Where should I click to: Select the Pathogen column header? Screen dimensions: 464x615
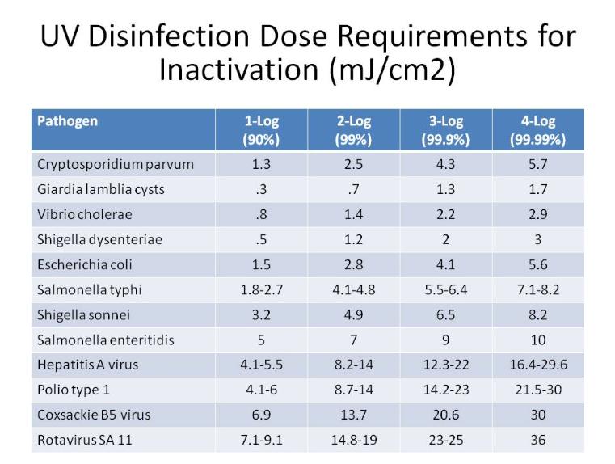[68, 121]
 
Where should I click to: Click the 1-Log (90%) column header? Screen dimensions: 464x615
[261, 130]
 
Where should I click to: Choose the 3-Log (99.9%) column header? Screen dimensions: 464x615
[445, 130]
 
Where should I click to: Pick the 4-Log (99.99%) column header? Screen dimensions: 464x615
[538, 130]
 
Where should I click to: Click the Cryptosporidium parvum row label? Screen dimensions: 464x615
[115, 165]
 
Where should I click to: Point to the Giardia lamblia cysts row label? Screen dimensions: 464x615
[100, 190]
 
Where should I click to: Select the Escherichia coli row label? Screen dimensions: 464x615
[85, 264]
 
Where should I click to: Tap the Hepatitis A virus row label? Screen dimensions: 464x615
[88, 365]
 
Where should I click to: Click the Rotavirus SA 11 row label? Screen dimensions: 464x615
[84, 440]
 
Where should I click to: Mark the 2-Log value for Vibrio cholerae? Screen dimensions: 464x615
[353, 215]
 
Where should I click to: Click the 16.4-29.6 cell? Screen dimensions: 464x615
[538, 365]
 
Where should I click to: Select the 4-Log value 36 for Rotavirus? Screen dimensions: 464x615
[538, 440]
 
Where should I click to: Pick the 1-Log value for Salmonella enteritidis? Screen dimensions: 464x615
[261, 340]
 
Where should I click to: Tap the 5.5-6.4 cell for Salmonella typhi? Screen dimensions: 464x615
[445, 289]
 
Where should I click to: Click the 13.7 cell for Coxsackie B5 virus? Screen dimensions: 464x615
[353, 415]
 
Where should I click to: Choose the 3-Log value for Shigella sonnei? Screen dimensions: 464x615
[445, 314]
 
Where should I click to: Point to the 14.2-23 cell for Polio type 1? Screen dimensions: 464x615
[445, 390]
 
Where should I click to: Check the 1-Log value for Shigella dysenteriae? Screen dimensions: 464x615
[261, 240]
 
